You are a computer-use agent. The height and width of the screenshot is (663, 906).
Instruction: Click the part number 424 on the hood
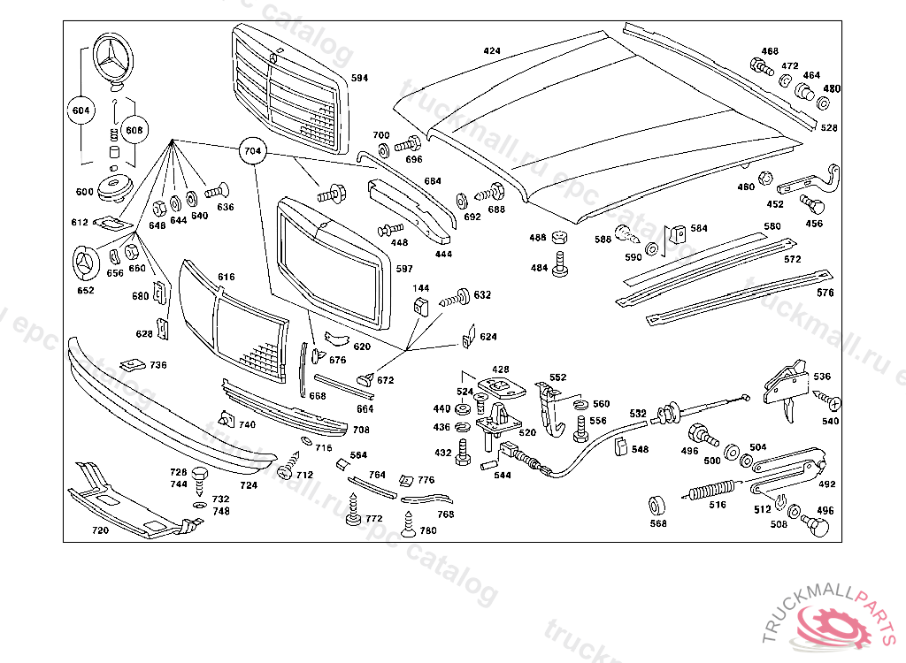[x=492, y=51]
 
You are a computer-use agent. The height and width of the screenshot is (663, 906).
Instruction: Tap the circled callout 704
[x=252, y=152]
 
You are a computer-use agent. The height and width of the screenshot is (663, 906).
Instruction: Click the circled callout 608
[x=134, y=130]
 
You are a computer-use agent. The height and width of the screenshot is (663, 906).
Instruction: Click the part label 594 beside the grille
[x=359, y=79]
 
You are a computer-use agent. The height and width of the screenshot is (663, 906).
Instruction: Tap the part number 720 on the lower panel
[x=100, y=531]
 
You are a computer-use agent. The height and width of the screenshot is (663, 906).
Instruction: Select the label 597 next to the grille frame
[x=404, y=269]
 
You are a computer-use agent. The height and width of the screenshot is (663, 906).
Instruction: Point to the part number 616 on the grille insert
[x=226, y=277]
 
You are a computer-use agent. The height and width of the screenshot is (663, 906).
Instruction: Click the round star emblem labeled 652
[x=86, y=263]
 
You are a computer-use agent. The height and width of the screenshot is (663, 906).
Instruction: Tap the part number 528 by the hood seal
[x=828, y=128]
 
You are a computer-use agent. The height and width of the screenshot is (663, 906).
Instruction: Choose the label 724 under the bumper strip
[x=249, y=485]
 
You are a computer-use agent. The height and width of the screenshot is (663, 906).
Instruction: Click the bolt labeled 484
[x=560, y=263]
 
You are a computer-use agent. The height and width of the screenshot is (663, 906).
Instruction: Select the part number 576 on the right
[x=825, y=293]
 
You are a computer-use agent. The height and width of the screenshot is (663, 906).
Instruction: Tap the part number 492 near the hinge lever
[x=826, y=484]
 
